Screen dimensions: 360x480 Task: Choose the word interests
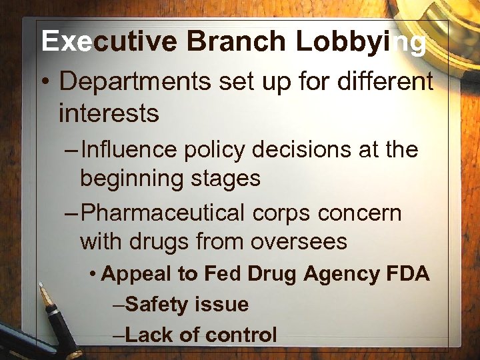pyautogui.click(x=109, y=113)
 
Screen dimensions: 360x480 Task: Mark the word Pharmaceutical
pyautogui.click(x=163, y=213)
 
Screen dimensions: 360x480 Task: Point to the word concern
pyautogui.click(x=360, y=213)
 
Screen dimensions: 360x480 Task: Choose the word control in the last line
pyautogui.click(x=241, y=334)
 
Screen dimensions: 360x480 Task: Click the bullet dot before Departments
pyautogui.click(x=46, y=83)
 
